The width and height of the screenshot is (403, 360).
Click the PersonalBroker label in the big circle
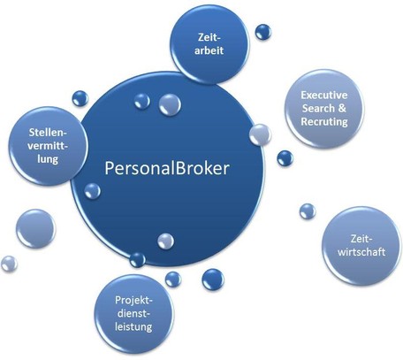167,168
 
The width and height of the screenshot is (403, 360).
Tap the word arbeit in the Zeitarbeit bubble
209,50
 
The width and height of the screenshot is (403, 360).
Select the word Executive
324,95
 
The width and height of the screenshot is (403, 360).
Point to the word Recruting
324,121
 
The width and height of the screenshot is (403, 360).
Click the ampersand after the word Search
342,108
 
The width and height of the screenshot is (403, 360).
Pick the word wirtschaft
361,252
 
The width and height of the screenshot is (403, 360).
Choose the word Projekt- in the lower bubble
134,300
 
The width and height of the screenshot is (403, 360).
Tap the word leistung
133,326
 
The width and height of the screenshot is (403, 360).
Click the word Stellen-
48,133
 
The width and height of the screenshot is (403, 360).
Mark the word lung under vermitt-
48,159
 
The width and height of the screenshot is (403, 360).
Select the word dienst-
134,313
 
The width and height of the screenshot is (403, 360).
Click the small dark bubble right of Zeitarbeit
263,32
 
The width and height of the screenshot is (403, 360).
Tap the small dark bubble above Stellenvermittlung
80,98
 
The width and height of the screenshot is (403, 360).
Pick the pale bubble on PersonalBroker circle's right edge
260,135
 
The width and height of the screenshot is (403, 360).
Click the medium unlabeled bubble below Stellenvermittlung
35,228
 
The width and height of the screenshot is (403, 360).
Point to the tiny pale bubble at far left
9,264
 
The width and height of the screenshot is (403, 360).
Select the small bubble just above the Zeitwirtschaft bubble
308,211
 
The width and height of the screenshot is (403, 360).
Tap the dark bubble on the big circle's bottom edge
138,260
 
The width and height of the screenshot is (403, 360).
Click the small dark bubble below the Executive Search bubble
285,158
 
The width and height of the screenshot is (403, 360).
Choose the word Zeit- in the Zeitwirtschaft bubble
360,239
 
